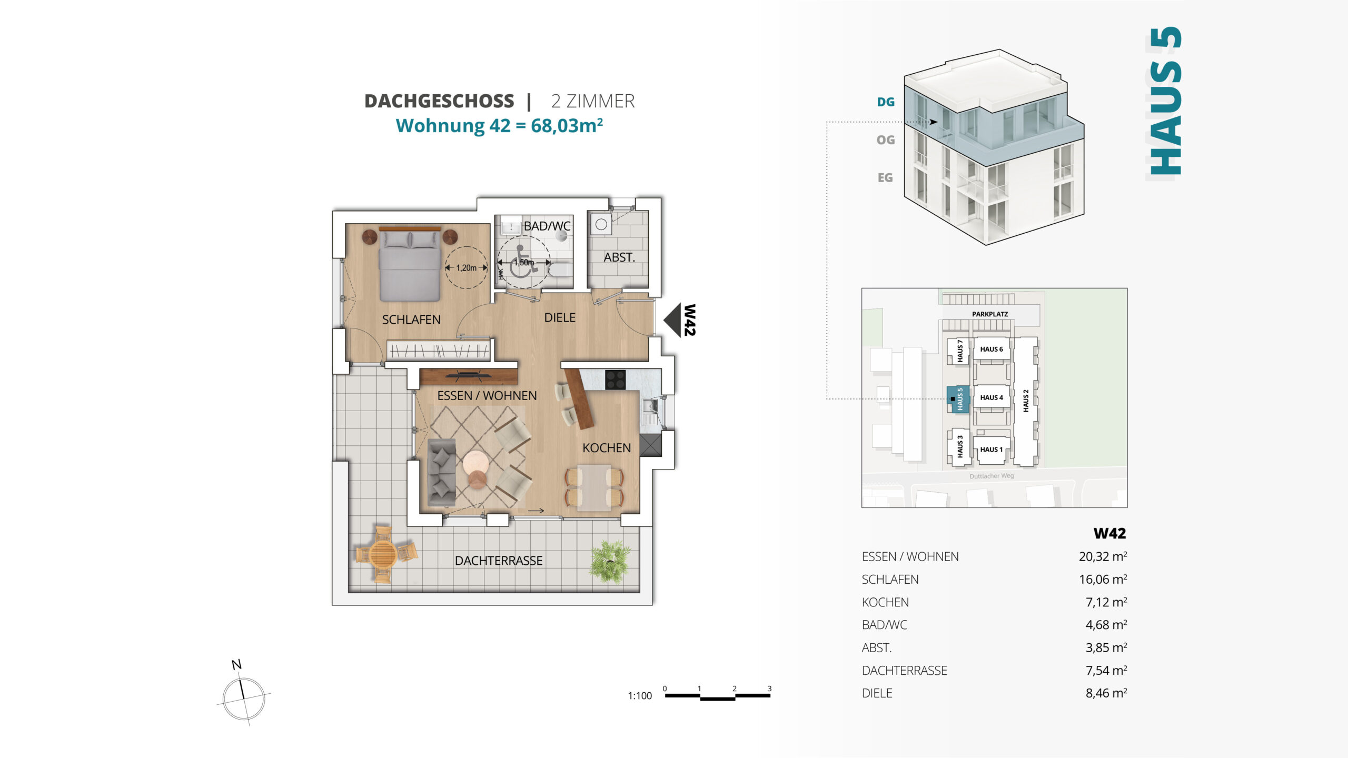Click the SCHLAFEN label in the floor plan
(x=411, y=320)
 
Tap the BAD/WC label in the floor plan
(x=547, y=226)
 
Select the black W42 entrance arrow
(x=672, y=320)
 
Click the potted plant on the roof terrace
(x=610, y=562)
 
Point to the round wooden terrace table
(x=383, y=554)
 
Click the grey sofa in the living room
(x=441, y=472)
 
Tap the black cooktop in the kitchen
(x=615, y=380)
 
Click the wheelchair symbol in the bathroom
(x=522, y=262)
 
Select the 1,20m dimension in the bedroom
(x=466, y=268)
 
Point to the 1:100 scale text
(x=640, y=696)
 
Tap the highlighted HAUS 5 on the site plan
(x=958, y=400)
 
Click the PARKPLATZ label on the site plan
(x=990, y=314)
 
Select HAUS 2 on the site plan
(x=1025, y=401)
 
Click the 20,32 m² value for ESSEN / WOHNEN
(x=1103, y=556)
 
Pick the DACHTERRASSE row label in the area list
(x=904, y=671)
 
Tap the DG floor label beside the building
(x=886, y=102)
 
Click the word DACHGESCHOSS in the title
(x=439, y=101)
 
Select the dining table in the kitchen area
(x=594, y=488)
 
